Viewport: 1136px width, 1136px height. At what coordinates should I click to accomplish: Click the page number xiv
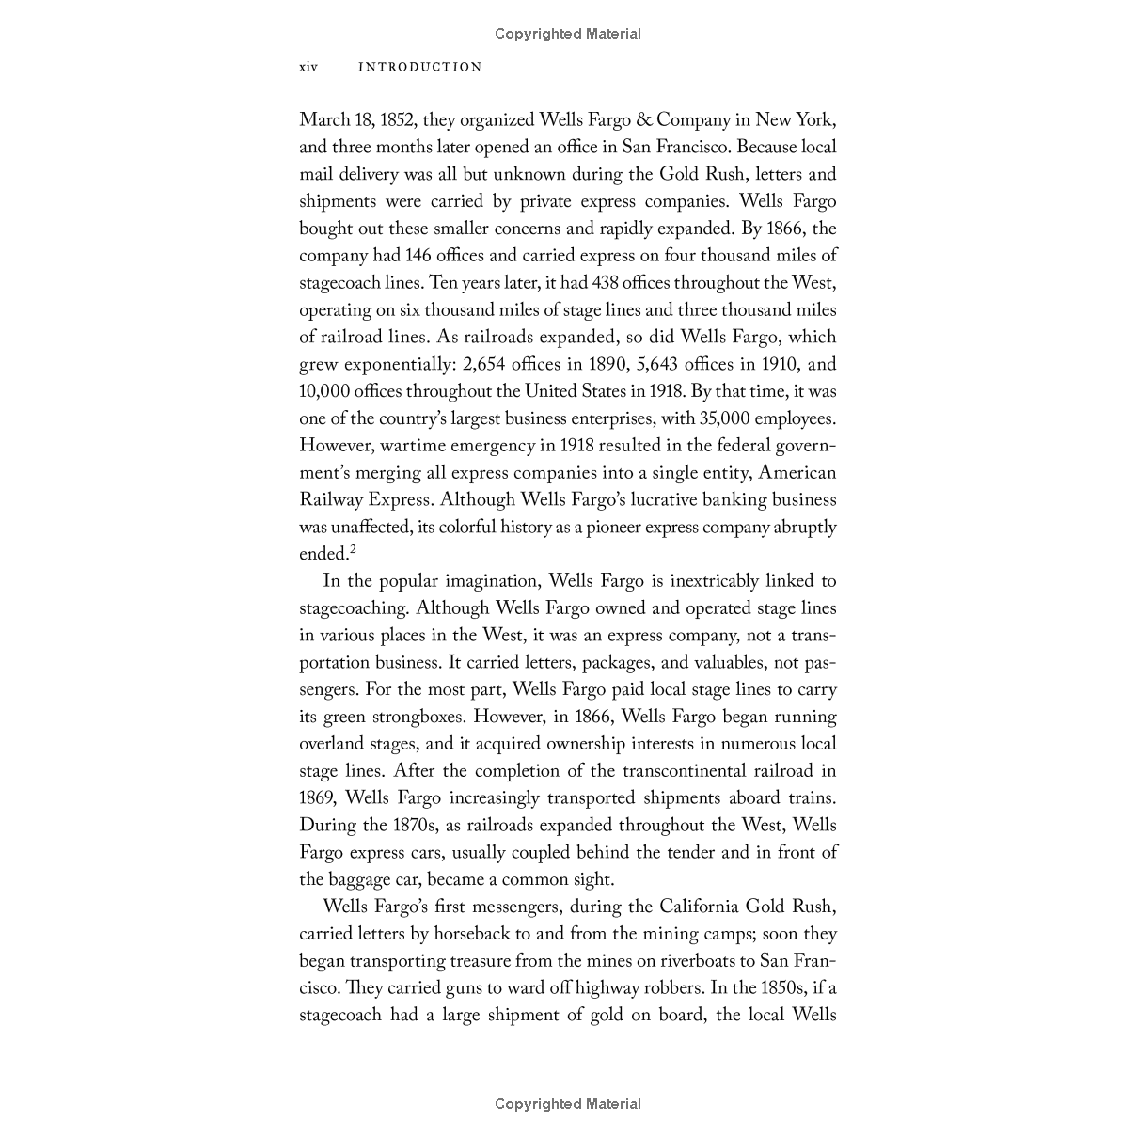308,67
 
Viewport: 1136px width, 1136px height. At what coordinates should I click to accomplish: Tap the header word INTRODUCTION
420,67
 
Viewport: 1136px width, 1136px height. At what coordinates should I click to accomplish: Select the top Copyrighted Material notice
568,34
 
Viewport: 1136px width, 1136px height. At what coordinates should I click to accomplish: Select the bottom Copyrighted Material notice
568,1104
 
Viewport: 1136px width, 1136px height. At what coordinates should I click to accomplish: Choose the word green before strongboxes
345,717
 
